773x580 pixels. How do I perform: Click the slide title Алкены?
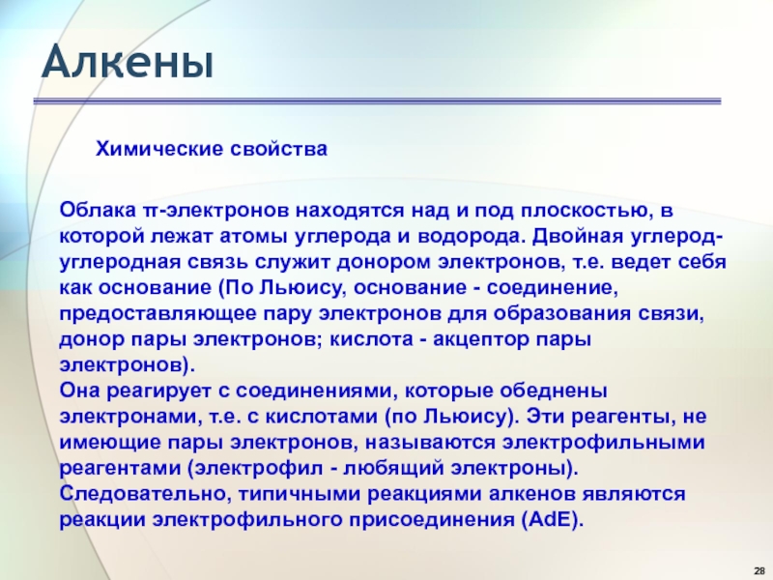pos(128,62)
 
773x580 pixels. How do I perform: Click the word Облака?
pos(98,211)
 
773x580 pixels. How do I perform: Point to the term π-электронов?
pos(216,211)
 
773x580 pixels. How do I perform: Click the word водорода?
pos(472,237)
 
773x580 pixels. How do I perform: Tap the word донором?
pos(384,262)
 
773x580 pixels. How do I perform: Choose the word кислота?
pos(372,339)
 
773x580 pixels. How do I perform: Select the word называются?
pos(430,442)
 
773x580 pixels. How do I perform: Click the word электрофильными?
pos(603,443)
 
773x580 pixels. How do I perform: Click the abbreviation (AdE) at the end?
pos(552,520)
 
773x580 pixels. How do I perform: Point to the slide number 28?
pos(759,571)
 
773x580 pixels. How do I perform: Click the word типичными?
pos(300,494)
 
